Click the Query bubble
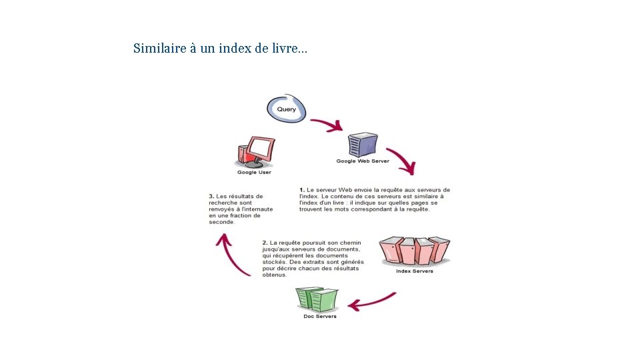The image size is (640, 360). [x=287, y=109]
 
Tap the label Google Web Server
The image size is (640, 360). [x=363, y=161]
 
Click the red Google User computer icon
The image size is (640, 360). [x=255, y=153]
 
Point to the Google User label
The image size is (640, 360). [x=254, y=173]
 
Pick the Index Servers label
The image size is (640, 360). [x=414, y=271]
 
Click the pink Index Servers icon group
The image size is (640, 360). [x=414, y=251]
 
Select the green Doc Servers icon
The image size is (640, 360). [x=317, y=299]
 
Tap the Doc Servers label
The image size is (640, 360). [x=320, y=317]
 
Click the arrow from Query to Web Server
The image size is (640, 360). [x=327, y=124]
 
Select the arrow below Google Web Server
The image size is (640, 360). [x=402, y=160]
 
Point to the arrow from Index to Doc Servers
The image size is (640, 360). [x=372, y=302]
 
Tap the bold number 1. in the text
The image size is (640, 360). [x=302, y=190]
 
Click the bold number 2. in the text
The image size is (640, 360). [x=265, y=243]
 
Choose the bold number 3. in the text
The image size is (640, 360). [x=211, y=197]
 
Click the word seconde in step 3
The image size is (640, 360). [x=222, y=222]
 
